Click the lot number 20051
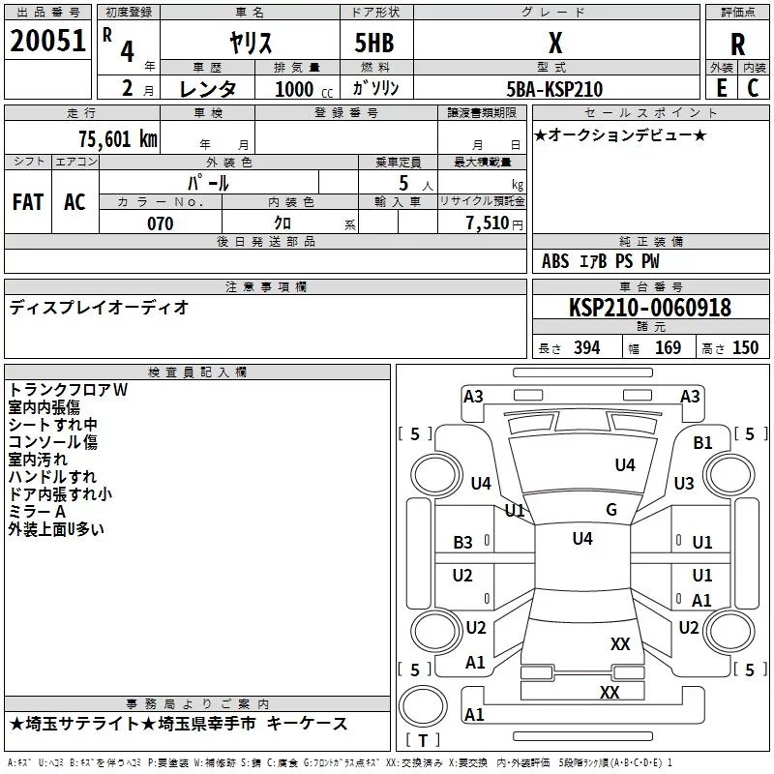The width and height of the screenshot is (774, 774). click(47, 41)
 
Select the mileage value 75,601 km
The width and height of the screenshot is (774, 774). click(118, 138)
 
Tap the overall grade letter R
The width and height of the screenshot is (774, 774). click(737, 45)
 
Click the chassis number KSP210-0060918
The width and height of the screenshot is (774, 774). click(650, 307)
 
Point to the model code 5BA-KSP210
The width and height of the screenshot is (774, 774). click(554, 89)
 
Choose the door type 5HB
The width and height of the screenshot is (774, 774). click(374, 43)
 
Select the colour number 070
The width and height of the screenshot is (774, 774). click(161, 223)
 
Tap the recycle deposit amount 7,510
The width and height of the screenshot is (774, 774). click(488, 223)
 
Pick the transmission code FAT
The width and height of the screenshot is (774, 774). click(28, 202)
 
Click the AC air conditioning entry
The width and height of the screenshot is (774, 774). click(75, 202)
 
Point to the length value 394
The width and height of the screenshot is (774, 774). click(587, 347)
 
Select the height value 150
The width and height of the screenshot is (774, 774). click(745, 347)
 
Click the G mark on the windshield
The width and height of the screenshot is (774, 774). click(611, 510)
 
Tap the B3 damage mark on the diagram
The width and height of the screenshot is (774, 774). click(463, 543)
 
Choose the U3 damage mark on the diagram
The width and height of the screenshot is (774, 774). click(684, 483)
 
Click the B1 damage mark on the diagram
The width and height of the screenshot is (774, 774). click(703, 443)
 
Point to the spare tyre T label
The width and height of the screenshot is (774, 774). click(423, 740)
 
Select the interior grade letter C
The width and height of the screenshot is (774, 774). click(753, 88)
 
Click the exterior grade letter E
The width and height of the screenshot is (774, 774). click(722, 88)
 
